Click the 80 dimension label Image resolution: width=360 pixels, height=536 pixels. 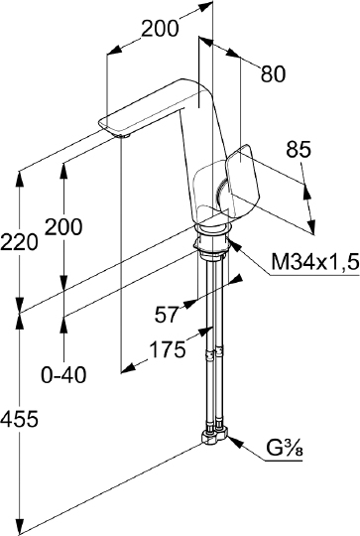pyautogui.click(x=273, y=73)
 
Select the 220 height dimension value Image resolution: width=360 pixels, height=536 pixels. pyautogui.click(x=19, y=242)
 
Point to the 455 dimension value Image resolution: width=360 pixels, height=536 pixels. pyautogui.click(x=19, y=419)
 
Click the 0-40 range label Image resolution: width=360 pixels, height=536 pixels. pyautogui.click(x=63, y=375)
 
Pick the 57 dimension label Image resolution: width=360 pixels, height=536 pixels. pyautogui.click(x=167, y=315)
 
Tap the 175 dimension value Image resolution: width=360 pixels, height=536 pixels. pyautogui.click(x=169, y=349)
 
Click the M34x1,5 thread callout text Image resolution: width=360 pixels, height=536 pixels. pyautogui.click(x=315, y=262)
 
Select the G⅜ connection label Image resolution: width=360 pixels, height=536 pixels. pyautogui.click(x=285, y=448)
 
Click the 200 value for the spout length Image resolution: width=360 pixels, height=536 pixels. pyautogui.click(x=160, y=29)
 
